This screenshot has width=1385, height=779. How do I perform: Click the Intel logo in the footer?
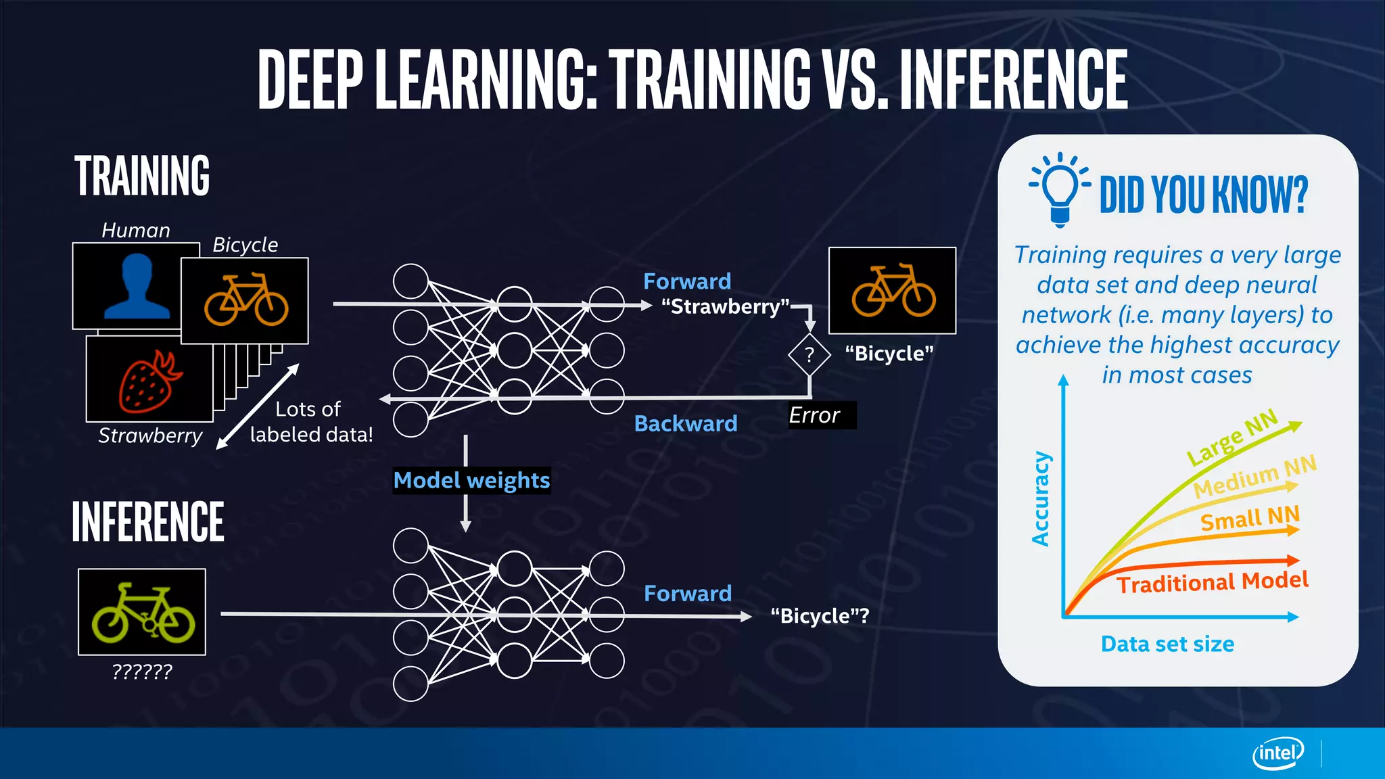tap(1277, 753)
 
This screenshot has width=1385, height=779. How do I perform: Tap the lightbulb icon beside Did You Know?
tap(1059, 188)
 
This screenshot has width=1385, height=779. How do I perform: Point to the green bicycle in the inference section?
tap(142, 612)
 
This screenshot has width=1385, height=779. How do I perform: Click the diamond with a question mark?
tap(809, 354)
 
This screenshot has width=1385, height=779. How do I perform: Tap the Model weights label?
tap(471, 480)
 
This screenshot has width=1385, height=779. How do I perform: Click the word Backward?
tap(686, 424)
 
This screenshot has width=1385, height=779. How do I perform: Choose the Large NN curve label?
tap(1232, 438)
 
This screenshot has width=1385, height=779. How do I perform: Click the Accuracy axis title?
tap(1041, 499)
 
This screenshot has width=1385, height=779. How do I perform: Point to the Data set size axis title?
tap(1167, 644)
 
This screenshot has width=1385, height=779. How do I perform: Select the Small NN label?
tap(1250, 519)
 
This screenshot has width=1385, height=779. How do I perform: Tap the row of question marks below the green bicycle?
tap(142, 671)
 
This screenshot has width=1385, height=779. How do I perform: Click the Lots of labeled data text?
tap(311, 422)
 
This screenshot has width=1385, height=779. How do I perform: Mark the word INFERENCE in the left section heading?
tap(148, 522)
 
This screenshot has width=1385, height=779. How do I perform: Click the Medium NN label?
tap(1254, 477)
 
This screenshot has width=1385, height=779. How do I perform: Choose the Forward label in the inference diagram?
tap(688, 594)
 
